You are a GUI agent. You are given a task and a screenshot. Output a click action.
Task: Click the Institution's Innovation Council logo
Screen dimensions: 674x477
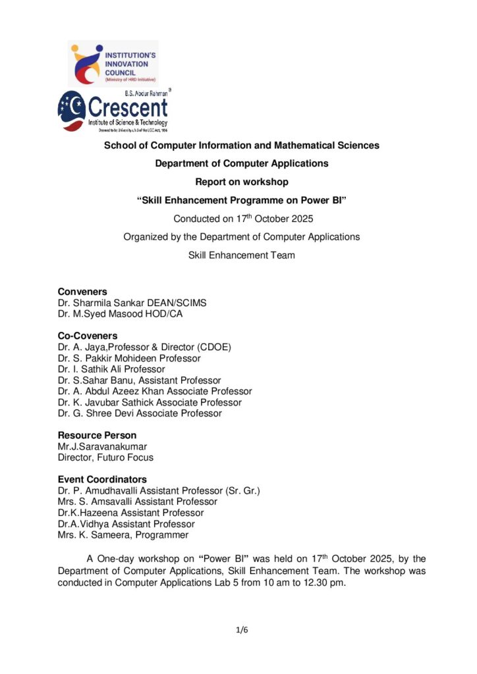click(x=113, y=63)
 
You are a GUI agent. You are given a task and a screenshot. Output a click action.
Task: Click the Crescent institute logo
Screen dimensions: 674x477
click(x=113, y=111)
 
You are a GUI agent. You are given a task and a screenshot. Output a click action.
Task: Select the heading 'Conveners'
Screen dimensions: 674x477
click(x=82, y=292)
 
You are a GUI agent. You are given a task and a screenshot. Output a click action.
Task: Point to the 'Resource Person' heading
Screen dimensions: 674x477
click(x=97, y=435)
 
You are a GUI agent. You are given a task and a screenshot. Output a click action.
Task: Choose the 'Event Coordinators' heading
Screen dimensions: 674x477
click(x=102, y=479)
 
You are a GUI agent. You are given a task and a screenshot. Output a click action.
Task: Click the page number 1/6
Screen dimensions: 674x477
click(x=242, y=630)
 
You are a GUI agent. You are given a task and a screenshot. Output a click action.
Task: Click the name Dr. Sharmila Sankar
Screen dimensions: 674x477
click(x=132, y=303)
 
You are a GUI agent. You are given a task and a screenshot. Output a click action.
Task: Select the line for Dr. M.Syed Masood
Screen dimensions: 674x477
click(x=120, y=314)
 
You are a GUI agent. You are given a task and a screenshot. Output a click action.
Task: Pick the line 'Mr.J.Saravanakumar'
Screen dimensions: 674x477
click(x=102, y=446)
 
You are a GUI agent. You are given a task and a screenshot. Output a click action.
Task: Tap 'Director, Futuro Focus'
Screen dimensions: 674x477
click(x=105, y=457)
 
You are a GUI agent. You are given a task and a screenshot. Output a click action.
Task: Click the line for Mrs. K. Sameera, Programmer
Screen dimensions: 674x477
click(x=123, y=535)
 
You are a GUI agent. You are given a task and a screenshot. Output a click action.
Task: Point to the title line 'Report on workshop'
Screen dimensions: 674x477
click(x=242, y=182)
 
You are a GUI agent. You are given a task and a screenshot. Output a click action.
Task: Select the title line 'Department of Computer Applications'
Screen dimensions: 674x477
click(x=242, y=163)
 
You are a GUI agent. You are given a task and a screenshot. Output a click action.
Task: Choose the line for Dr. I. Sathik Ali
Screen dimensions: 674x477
click(x=111, y=369)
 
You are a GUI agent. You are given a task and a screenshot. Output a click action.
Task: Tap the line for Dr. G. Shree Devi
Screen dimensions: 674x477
click(x=140, y=413)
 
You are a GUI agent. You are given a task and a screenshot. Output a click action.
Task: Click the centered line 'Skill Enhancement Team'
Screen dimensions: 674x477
click(x=242, y=255)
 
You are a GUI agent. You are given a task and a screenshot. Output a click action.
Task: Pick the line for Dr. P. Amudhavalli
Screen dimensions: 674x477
click(x=159, y=490)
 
